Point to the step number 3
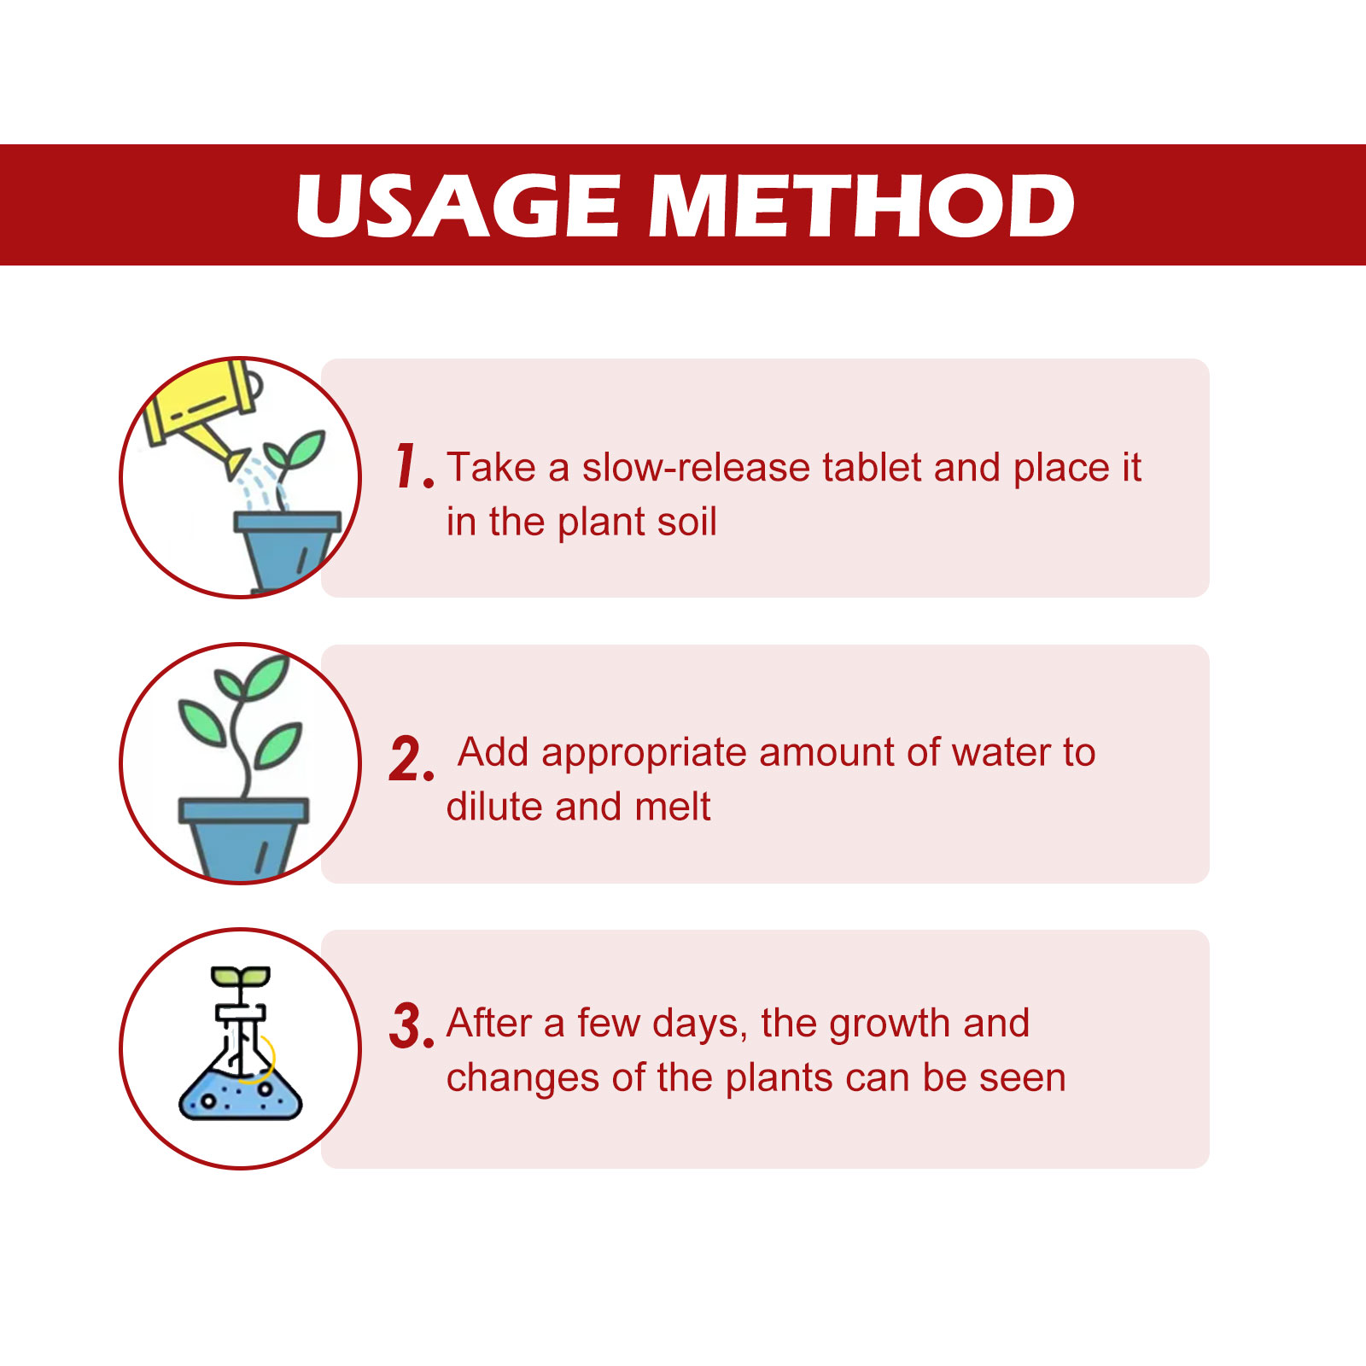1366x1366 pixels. pos(412,1025)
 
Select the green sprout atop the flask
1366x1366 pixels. pos(241,978)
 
